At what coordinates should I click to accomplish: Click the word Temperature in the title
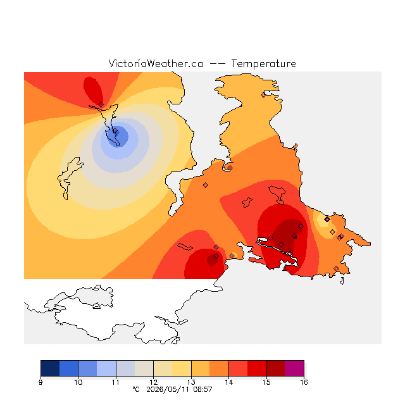click(x=263, y=63)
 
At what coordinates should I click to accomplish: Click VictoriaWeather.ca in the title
click(x=156, y=63)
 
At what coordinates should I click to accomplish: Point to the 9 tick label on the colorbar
click(x=40, y=382)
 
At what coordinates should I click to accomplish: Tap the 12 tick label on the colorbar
click(x=153, y=382)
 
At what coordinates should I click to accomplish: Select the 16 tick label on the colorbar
click(x=304, y=382)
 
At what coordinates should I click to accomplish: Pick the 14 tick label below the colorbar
click(x=229, y=382)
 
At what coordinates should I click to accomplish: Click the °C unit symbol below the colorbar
click(x=136, y=389)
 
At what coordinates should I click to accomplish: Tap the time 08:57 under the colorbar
click(x=202, y=389)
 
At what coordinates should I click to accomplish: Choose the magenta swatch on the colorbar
click(x=294, y=368)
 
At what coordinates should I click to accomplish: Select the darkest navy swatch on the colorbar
click(x=50, y=368)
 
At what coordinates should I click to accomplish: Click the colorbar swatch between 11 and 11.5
click(x=125, y=368)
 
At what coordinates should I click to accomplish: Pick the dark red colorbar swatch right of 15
click(x=276, y=368)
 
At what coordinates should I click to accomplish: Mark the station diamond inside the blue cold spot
click(x=115, y=131)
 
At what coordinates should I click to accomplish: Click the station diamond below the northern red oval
click(x=101, y=104)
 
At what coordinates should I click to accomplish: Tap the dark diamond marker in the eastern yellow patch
click(x=327, y=220)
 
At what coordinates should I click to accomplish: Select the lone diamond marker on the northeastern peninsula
click(x=263, y=96)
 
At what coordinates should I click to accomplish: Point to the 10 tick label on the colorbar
click(x=78, y=382)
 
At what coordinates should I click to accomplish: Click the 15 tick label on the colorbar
click(x=266, y=382)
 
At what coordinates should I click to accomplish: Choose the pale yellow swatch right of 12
click(x=163, y=368)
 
